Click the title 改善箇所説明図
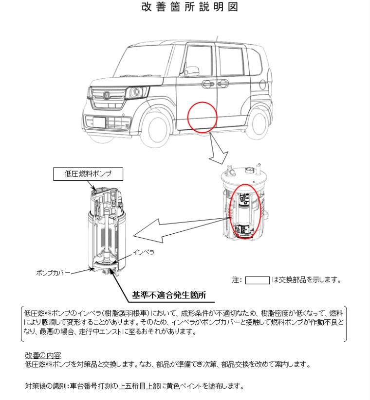click(x=189, y=7)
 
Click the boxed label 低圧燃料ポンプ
click(x=88, y=174)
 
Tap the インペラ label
click(x=143, y=253)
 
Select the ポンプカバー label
click(x=53, y=273)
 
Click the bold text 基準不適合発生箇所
click(x=169, y=295)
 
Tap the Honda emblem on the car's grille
click(x=106, y=95)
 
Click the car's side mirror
click(x=191, y=70)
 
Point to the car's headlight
click(x=136, y=92)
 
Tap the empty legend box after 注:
click(x=258, y=280)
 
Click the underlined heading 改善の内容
click(x=43, y=355)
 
